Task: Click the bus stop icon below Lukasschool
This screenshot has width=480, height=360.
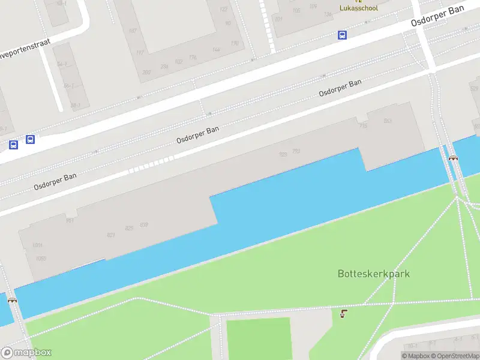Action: click(x=342, y=35)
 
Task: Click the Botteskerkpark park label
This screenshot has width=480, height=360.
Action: click(x=373, y=274)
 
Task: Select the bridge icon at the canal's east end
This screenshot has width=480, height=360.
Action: click(x=454, y=158)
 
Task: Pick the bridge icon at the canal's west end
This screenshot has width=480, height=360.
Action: click(x=12, y=299)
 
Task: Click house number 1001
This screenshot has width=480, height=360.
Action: click(x=38, y=246)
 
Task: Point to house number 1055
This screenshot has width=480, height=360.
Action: click(x=40, y=259)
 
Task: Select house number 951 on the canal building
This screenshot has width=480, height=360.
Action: click(x=70, y=221)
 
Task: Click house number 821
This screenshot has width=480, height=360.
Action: click(x=111, y=235)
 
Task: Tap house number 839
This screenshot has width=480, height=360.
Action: click(x=144, y=225)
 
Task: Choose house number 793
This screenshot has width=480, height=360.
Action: click(x=296, y=151)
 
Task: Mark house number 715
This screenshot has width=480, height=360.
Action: click(x=363, y=125)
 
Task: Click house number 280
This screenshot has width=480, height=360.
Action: click(x=146, y=72)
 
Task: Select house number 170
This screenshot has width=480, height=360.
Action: click(x=235, y=43)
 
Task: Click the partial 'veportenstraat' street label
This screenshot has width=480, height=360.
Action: click(x=25, y=49)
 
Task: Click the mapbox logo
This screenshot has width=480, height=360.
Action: click(x=26, y=353)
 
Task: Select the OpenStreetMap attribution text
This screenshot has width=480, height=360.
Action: click(x=457, y=356)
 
